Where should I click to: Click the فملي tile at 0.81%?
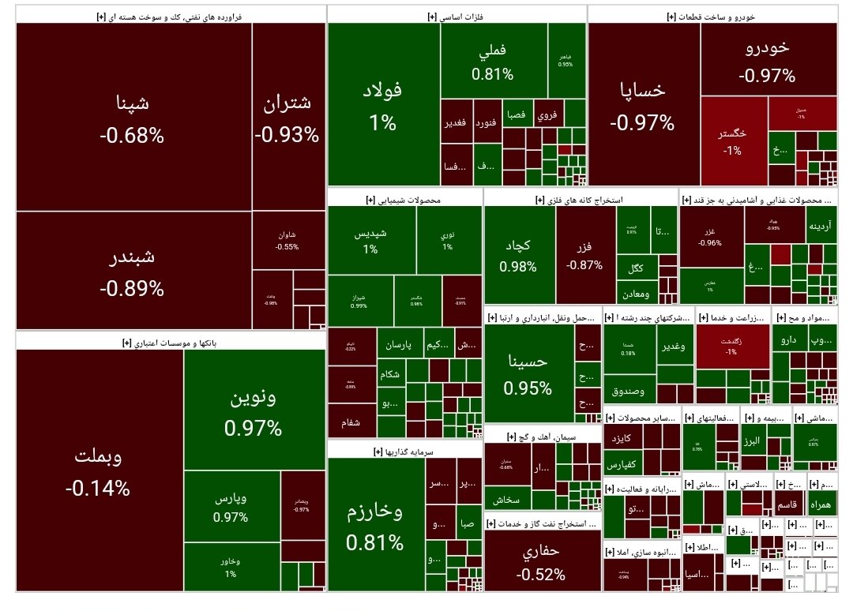pos(493,62)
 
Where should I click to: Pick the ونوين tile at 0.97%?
pos(253,412)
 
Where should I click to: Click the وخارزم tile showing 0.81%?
pos(375,525)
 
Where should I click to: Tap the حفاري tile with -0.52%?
pos(541,562)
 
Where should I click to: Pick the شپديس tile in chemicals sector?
pos(370,240)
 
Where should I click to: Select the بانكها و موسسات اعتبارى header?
pos(171,343)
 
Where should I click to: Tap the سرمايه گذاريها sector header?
pos(404,452)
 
